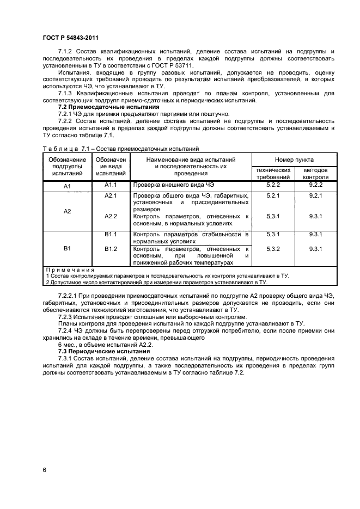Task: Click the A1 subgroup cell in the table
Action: [x=68, y=187]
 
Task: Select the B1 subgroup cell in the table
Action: [x=68, y=248]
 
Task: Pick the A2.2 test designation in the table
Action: [x=111, y=216]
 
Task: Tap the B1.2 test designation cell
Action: [x=111, y=249]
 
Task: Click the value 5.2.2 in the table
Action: [x=273, y=185]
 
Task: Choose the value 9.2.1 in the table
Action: [x=315, y=195]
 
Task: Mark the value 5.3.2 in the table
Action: [x=273, y=249]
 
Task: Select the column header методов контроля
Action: [x=315, y=173]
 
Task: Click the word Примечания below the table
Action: [x=70, y=269]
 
